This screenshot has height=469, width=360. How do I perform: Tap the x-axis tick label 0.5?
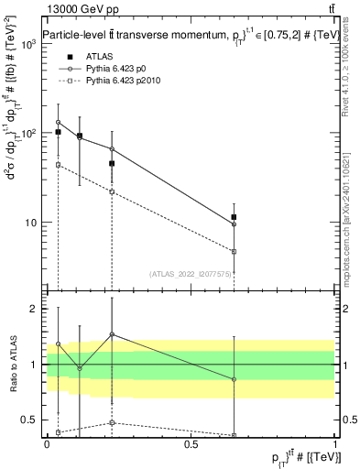pos(191,443)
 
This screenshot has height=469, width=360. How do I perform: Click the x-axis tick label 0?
pos(47,443)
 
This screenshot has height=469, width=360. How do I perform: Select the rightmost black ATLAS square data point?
pos(234,217)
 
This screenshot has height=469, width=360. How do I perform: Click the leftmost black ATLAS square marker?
pos(59,132)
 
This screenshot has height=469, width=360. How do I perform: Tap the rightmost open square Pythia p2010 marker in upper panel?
pos(234,251)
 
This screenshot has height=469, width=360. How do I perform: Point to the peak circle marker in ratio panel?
pos(112,334)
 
